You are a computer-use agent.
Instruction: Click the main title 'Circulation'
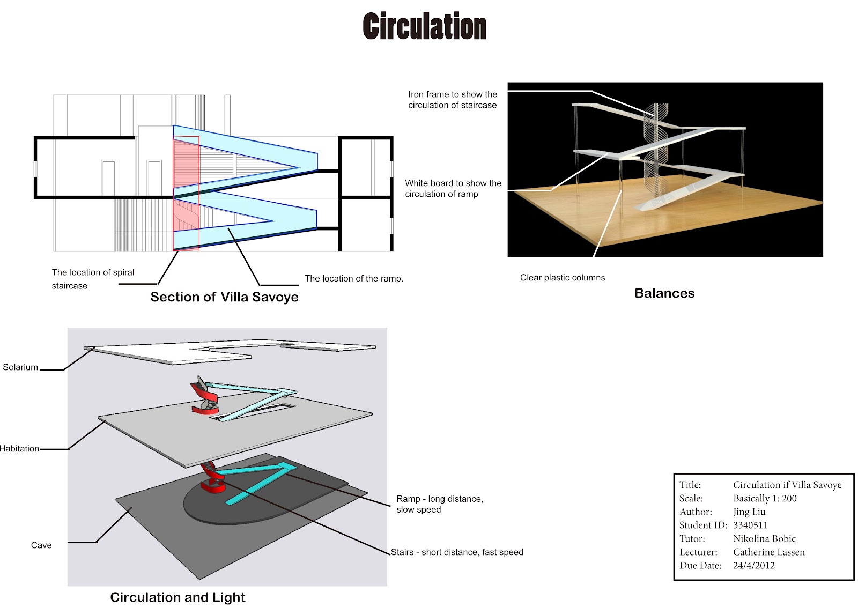pos(424,27)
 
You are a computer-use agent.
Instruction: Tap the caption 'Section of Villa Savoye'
pos(224,297)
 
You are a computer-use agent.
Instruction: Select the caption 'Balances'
pos(664,293)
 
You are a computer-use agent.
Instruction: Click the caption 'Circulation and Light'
pos(177,597)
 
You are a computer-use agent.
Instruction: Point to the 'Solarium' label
pos(20,367)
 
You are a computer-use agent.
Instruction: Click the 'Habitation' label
pos(20,449)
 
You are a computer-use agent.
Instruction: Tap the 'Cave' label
pos(41,545)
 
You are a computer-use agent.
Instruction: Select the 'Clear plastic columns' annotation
pos(563,278)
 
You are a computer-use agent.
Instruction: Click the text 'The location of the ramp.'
pos(354,279)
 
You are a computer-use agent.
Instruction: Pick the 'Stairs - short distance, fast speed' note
pos(457,552)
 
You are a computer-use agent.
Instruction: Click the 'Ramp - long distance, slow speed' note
pos(440,504)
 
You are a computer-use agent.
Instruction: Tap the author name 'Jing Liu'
pos(749,512)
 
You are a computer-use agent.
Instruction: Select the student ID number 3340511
pos(750,525)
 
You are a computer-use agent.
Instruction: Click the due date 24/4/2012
pos(754,566)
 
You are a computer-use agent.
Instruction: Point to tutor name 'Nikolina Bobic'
pos(764,539)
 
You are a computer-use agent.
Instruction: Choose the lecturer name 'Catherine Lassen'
pos(768,552)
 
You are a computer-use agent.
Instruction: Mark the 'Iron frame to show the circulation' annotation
pos(453,100)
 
